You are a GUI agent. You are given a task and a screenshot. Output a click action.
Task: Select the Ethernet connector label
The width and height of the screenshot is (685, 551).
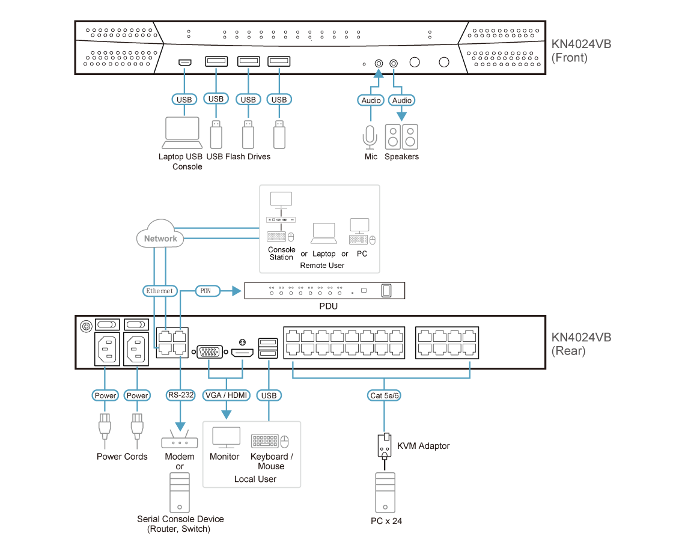[160, 291]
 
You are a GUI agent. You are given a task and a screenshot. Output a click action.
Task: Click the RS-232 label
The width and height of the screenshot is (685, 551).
[180, 395]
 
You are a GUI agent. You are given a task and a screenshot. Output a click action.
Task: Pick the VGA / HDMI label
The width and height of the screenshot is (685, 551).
[227, 395]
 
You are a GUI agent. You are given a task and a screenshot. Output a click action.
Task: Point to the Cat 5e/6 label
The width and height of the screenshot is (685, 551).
[385, 395]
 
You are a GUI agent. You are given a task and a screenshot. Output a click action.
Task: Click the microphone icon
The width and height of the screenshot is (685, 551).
[370, 137]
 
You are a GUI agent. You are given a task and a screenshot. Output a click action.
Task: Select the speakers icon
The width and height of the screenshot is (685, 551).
[401, 136]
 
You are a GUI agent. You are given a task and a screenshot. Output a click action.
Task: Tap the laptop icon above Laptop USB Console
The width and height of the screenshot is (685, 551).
[182, 133]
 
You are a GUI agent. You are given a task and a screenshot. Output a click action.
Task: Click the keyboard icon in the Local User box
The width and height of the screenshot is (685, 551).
[265, 442]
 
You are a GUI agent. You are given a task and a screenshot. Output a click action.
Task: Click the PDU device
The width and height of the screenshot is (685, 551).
[324, 291]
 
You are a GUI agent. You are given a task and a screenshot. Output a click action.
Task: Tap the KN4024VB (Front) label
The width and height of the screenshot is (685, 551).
[580, 52]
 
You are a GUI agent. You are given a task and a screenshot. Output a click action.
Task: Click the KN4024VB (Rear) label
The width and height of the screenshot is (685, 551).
[580, 344]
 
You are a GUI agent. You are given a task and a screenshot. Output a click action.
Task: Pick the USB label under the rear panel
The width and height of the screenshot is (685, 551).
[269, 395]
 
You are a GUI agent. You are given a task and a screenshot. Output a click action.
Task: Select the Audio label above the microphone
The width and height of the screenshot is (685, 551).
[371, 100]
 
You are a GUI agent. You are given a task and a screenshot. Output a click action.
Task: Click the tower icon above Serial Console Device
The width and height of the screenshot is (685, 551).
[179, 492]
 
